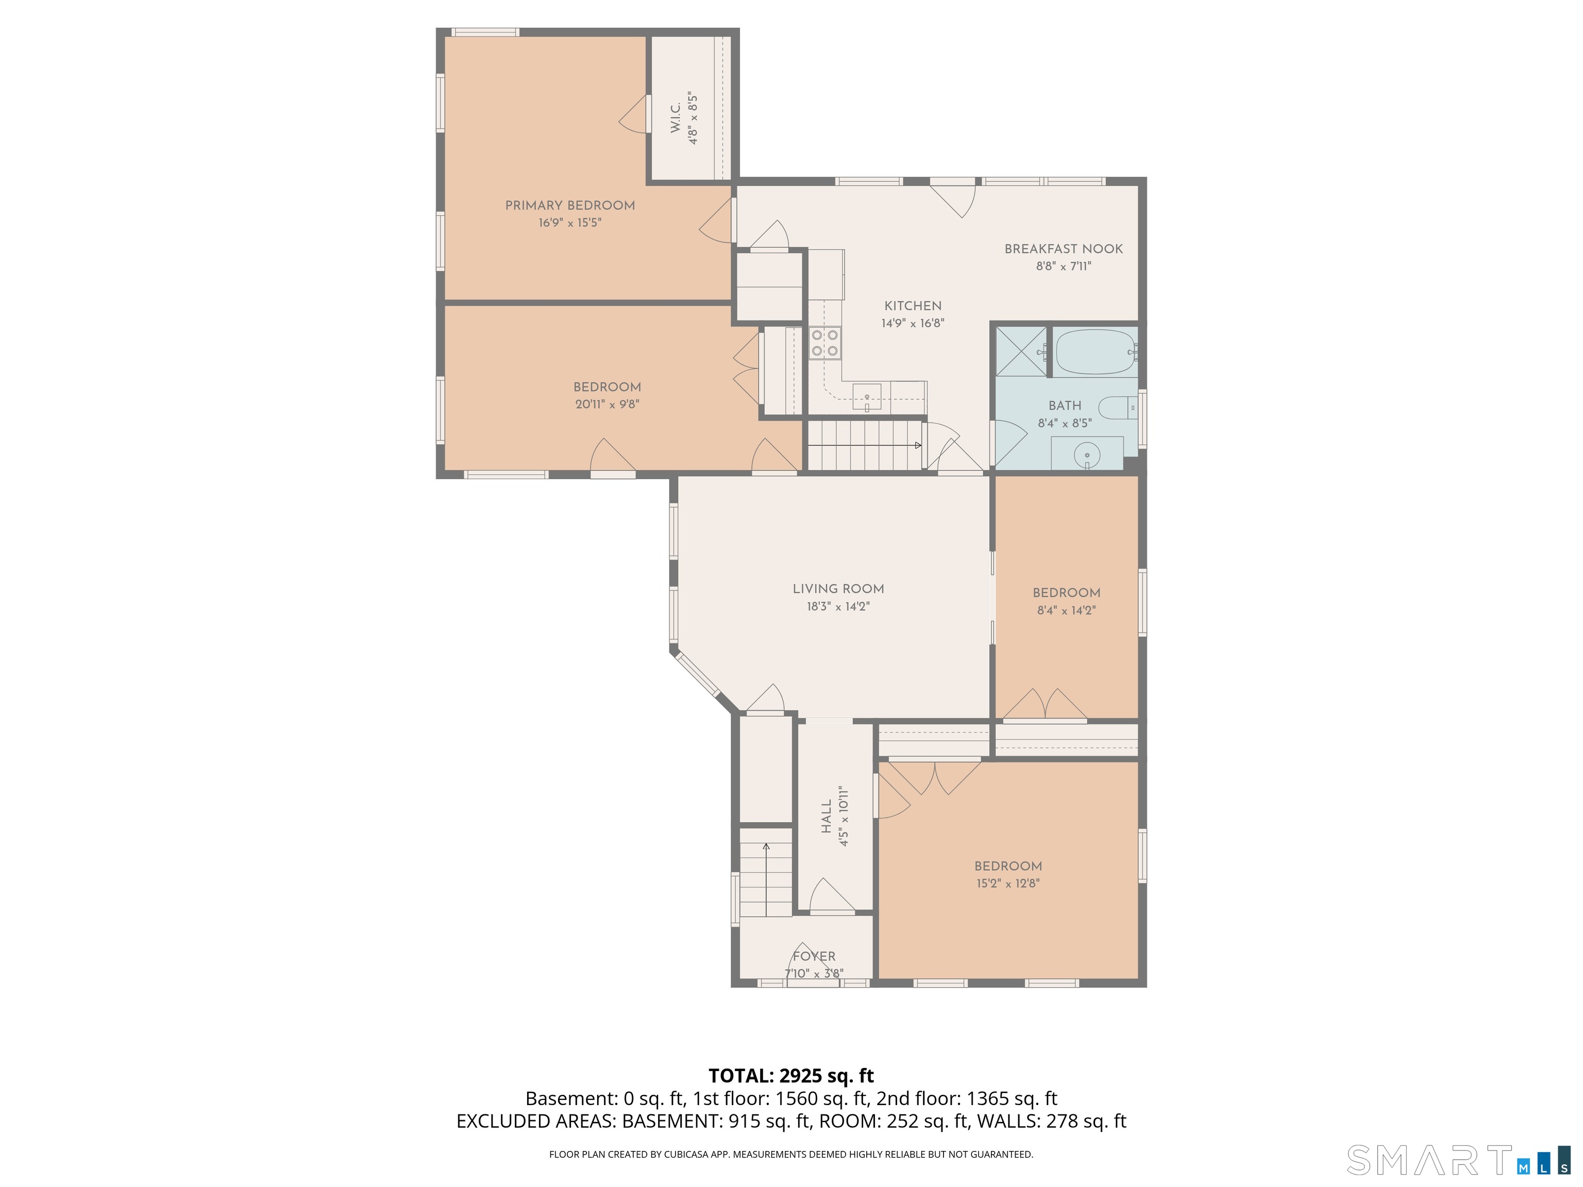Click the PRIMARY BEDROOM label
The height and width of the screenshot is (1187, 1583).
click(x=569, y=206)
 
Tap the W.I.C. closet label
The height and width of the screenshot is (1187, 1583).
click(x=676, y=117)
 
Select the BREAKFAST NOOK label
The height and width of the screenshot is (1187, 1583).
click(x=1064, y=249)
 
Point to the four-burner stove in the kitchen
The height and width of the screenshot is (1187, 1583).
click(x=825, y=343)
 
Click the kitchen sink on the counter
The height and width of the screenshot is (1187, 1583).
click(x=867, y=396)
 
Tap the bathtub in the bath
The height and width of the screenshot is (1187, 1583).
click(x=1094, y=352)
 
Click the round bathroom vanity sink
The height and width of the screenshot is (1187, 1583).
click(x=1087, y=453)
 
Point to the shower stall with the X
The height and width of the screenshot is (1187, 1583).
click(x=1020, y=351)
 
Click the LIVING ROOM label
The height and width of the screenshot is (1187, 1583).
click(x=838, y=589)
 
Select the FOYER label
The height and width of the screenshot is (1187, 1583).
click(x=814, y=957)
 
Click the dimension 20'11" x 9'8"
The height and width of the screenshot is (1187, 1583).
click(x=607, y=404)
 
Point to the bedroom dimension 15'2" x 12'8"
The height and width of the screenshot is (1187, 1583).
click(x=1007, y=883)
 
